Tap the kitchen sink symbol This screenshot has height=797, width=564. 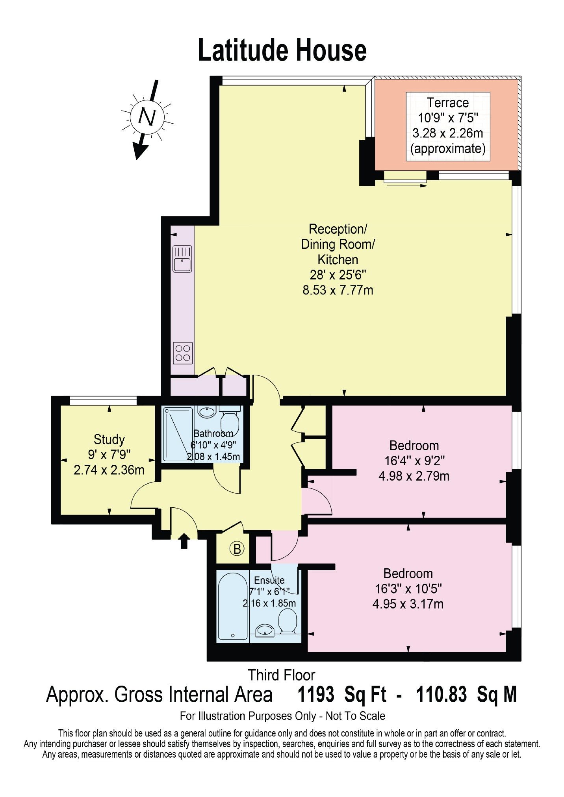[182, 259]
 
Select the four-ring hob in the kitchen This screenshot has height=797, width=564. [183, 353]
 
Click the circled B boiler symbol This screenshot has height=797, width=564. [237, 548]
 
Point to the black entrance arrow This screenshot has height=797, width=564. [184, 541]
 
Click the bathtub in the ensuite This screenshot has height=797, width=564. [233, 607]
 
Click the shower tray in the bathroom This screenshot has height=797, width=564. [178, 433]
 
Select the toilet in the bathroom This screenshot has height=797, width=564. [229, 420]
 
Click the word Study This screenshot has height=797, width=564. [109, 439]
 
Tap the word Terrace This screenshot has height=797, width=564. [448, 103]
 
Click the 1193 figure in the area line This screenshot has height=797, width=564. [316, 694]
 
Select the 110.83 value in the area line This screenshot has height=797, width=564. [442, 694]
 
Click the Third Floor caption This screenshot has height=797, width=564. [281, 675]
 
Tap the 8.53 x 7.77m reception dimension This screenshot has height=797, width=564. [338, 290]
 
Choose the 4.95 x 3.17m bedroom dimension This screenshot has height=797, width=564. [408, 604]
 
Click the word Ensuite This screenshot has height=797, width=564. [269, 580]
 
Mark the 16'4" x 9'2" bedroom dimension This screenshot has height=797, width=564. [414, 460]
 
